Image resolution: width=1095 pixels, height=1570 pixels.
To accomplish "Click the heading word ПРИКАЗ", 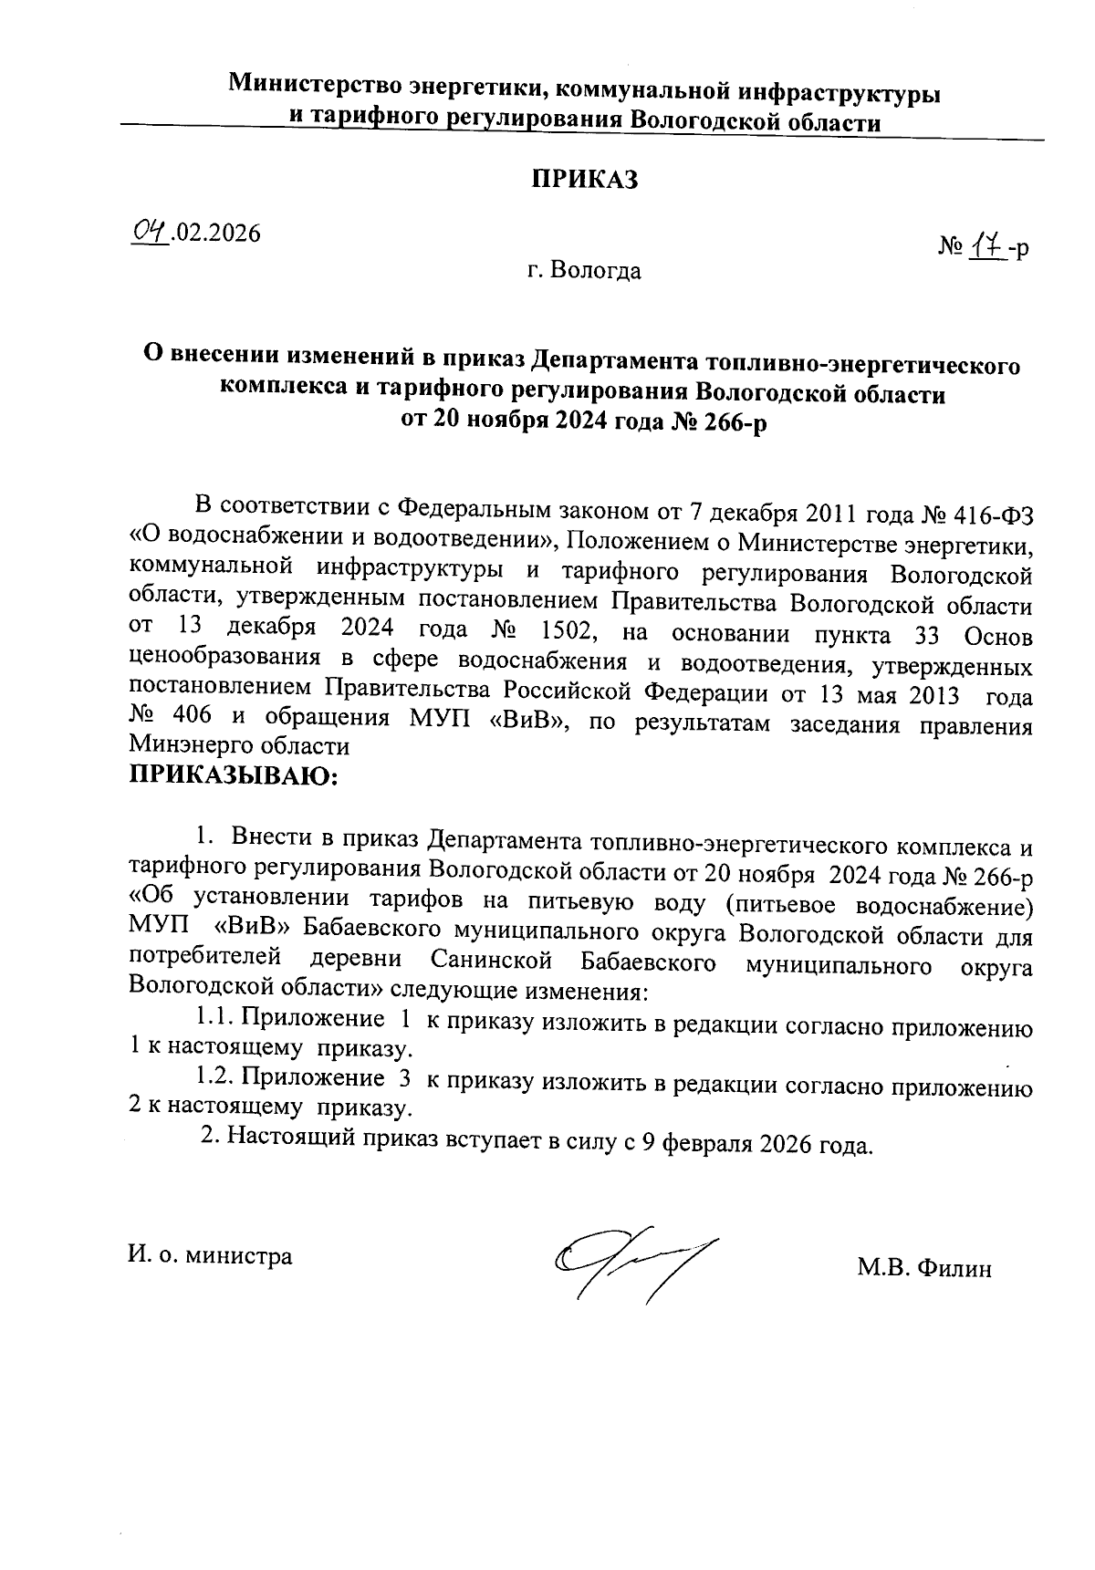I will tap(584, 180).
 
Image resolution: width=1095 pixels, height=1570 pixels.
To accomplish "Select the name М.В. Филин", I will tap(923, 1268).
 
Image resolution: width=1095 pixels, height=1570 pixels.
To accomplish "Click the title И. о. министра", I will tap(211, 1256).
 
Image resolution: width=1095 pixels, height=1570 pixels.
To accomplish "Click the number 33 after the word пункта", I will tap(930, 631).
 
